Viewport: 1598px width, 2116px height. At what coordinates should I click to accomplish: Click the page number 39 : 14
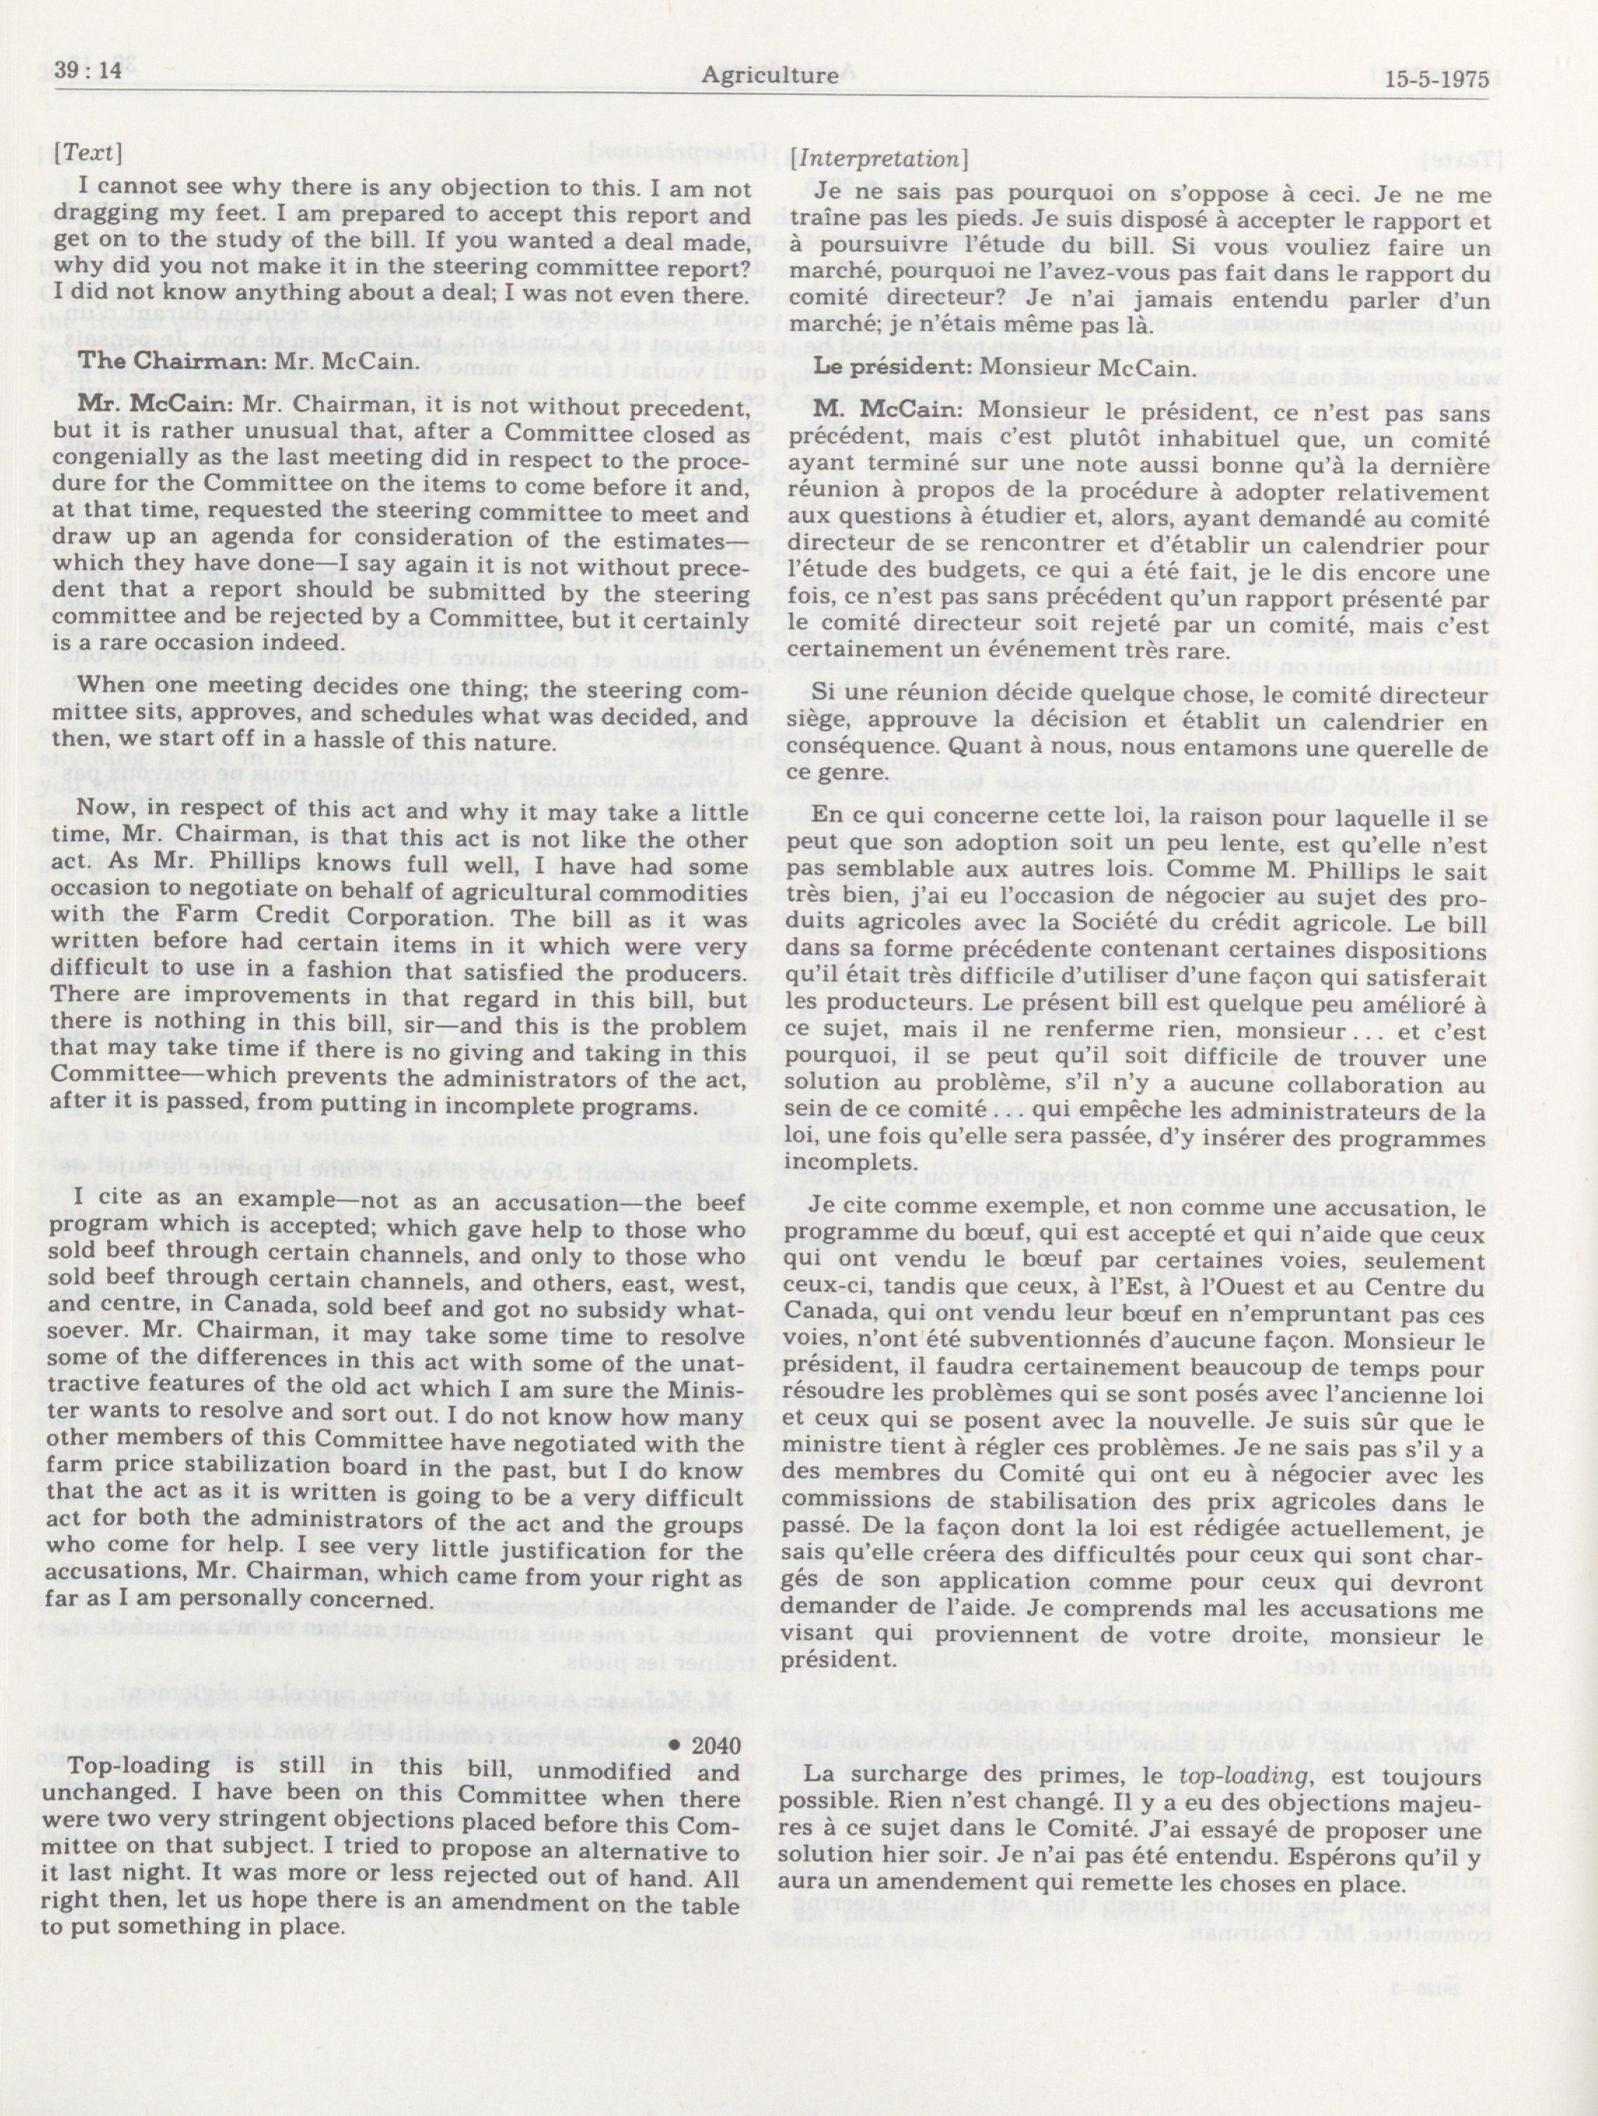coord(84,76)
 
